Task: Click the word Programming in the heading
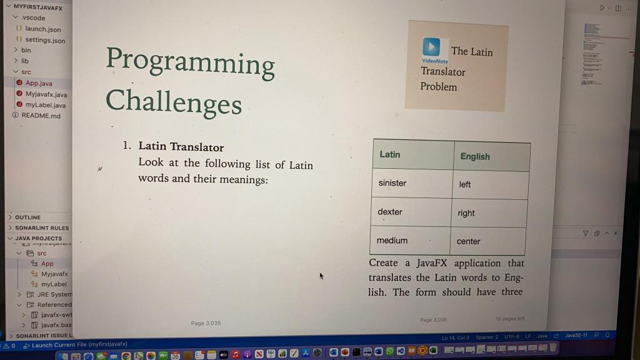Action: tap(190, 62)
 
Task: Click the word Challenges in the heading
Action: tap(173, 101)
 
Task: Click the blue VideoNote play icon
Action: tap(431, 47)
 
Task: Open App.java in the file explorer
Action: tap(39, 83)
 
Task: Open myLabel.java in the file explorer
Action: tap(45, 105)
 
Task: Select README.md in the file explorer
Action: tap(41, 116)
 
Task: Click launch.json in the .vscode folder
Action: tap(42, 29)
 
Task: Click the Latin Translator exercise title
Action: tap(181, 147)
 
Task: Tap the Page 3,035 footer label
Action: tap(206, 323)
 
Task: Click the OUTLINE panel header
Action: tap(27, 217)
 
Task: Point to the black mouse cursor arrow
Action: tap(321, 276)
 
